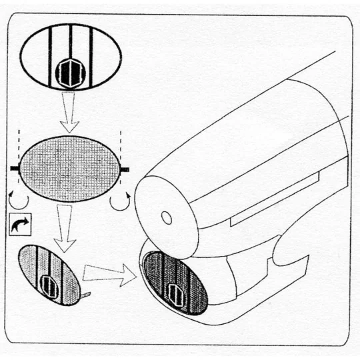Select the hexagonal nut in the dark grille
pos(175,291)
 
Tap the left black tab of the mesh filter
pos(15,169)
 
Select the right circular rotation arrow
pos(120,200)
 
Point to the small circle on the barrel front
pos(167,218)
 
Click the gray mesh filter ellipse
pos(70,169)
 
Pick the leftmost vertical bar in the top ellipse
pos(50,57)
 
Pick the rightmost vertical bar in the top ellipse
pos(91,57)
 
